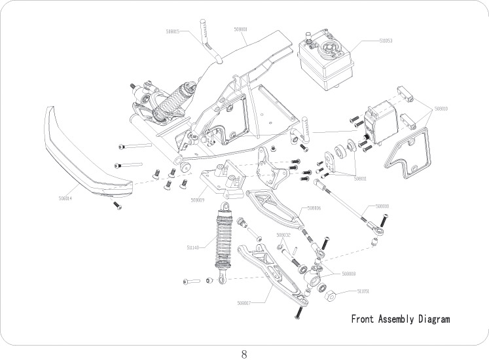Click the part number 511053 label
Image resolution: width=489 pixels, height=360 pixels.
pyautogui.click(x=385, y=41)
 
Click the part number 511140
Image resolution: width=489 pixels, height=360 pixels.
pyautogui.click(x=194, y=247)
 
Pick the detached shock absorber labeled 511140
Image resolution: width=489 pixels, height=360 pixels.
pyautogui.click(x=225, y=242)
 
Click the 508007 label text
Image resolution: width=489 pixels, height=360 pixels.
pyautogui.click(x=245, y=303)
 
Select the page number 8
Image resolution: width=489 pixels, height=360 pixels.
pyautogui.click(x=244, y=355)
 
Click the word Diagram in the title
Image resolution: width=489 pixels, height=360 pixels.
pyautogui.click(x=432, y=319)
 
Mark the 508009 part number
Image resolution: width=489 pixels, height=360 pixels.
pyautogui.click(x=198, y=200)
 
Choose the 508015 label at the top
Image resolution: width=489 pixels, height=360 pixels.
pyautogui.click(x=173, y=31)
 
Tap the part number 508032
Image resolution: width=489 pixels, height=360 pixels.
pyautogui.click(x=283, y=234)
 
